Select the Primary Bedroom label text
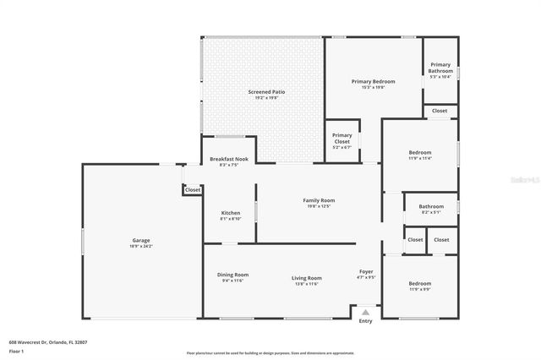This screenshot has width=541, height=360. pyautogui.click(x=373, y=81)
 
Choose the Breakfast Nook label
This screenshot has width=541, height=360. pyautogui.click(x=229, y=159)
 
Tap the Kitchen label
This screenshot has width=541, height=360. pyautogui.click(x=231, y=212)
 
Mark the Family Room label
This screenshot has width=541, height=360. pyautogui.click(x=319, y=200)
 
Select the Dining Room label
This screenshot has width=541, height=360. pyautogui.click(x=232, y=275)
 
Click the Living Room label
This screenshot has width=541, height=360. pyautogui.click(x=307, y=278)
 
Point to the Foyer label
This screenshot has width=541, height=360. pyautogui.click(x=366, y=271)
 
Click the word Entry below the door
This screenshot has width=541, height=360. pyautogui.click(x=365, y=321)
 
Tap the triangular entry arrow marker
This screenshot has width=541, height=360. pyautogui.click(x=365, y=312)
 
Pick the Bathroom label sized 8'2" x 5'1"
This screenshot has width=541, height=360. pyautogui.click(x=431, y=206)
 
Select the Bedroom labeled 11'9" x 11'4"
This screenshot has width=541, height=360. pyautogui.click(x=420, y=153)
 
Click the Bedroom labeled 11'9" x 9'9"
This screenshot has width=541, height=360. pyautogui.click(x=420, y=283)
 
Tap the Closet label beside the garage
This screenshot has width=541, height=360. pyautogui.click(x=193, y=190)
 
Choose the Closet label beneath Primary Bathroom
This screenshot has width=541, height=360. pyautogui.click(x=440, y=111)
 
